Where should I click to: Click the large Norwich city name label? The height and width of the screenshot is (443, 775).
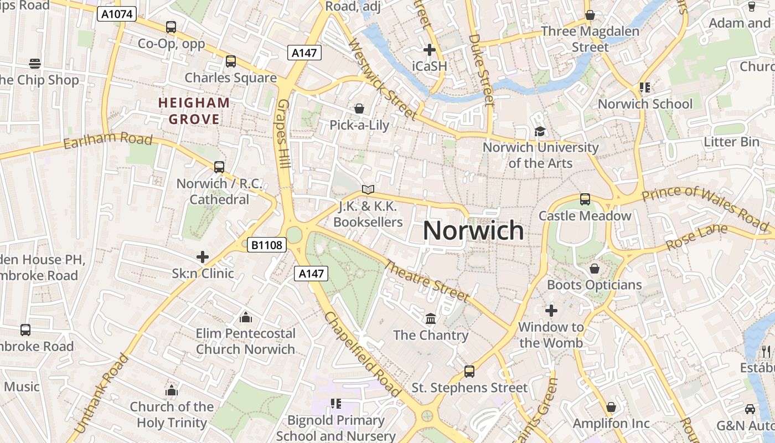pyautogui.click(x=473, y=230)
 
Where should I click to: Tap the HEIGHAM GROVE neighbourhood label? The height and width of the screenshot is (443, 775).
pyautogui.click(x=194, y=111)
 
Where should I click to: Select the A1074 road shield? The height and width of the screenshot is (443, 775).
pyautogui.click(x=117, y=14)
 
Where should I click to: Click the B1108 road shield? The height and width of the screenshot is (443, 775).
pyautogui.click(x=267, y=245)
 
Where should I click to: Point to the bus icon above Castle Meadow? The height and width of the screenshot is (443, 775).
pyautogui.click(x=585, y=199)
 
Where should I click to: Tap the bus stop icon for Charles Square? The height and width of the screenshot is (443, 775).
pyautogui.click(x=231, y=61)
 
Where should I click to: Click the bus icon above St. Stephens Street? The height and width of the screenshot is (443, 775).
pyautogui.click(x=469, y=371)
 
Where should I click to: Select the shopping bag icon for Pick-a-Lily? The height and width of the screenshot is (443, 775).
pyautogui.click(x=359, y=109)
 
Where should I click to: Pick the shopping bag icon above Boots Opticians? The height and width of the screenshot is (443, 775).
pyautogui.click(x=595, y=269)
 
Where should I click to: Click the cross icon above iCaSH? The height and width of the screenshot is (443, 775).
pyautogui.click(x=429, y=50)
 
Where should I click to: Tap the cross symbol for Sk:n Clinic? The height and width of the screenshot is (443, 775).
pyautogui.click(x=203, y=257)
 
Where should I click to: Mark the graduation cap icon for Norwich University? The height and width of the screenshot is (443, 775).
pyautogui.click(x=540, y=131)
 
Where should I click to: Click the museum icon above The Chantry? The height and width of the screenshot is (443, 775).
pyautogui.click(x=431, y=318)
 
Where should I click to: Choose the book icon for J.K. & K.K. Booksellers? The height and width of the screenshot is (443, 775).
pyautogui.click(x=368, y=189)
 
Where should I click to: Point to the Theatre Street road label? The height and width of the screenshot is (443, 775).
pyautogui.click(x=427, y=281)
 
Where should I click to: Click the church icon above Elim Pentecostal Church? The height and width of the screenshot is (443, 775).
pyautogui.click(x=246, y=317)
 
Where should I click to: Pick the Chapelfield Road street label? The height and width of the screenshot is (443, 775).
pyautogui.click(x=363, y=354)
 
